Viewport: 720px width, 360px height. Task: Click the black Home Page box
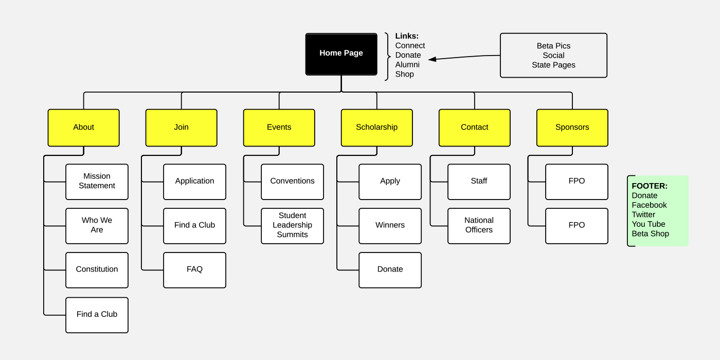pyautogui.click(x=341, y=54)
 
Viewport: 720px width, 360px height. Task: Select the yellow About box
pyautogui.click(x=83, y=128)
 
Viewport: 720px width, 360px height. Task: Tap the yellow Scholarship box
pyautogui.click(x=376, y=128)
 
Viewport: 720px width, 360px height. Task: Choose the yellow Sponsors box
pyautogui.click(x=572, y=128)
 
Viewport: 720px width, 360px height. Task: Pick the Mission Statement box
pyautogui.click(x=97, y=182)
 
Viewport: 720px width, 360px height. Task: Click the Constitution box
pyautogui.click(x=97, y=270)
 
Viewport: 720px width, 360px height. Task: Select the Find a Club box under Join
pyautogui.click(x=194, y=226)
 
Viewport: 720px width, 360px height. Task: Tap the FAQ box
pyautogui.click(x=194, y=270)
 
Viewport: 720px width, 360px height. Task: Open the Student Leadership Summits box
pyautogui.click(x=292, y=226)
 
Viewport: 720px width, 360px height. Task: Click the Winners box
pyautogui.click(x=390, y=226)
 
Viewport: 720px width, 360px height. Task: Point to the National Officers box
pyautogui.click(x=479, y=226)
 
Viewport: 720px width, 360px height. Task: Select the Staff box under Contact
pyautogui.click(x=479, y=182)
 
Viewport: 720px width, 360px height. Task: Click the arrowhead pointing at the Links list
pyautogui.click(x=433, y=59)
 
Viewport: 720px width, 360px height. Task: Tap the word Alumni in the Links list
pyautogui.click(x=407, y=65)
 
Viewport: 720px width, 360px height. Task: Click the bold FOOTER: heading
pyautogui.click(x=649, y=186)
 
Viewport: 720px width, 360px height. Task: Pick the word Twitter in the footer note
pyautogui.click(x=643, y=214)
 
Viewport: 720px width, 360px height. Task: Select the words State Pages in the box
pyautogui.click(x=553, y=65)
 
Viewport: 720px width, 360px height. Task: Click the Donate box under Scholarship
pyautogui.click(x=390, y=270)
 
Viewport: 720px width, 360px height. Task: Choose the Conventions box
pyautogui.click(x=292, y=182)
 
